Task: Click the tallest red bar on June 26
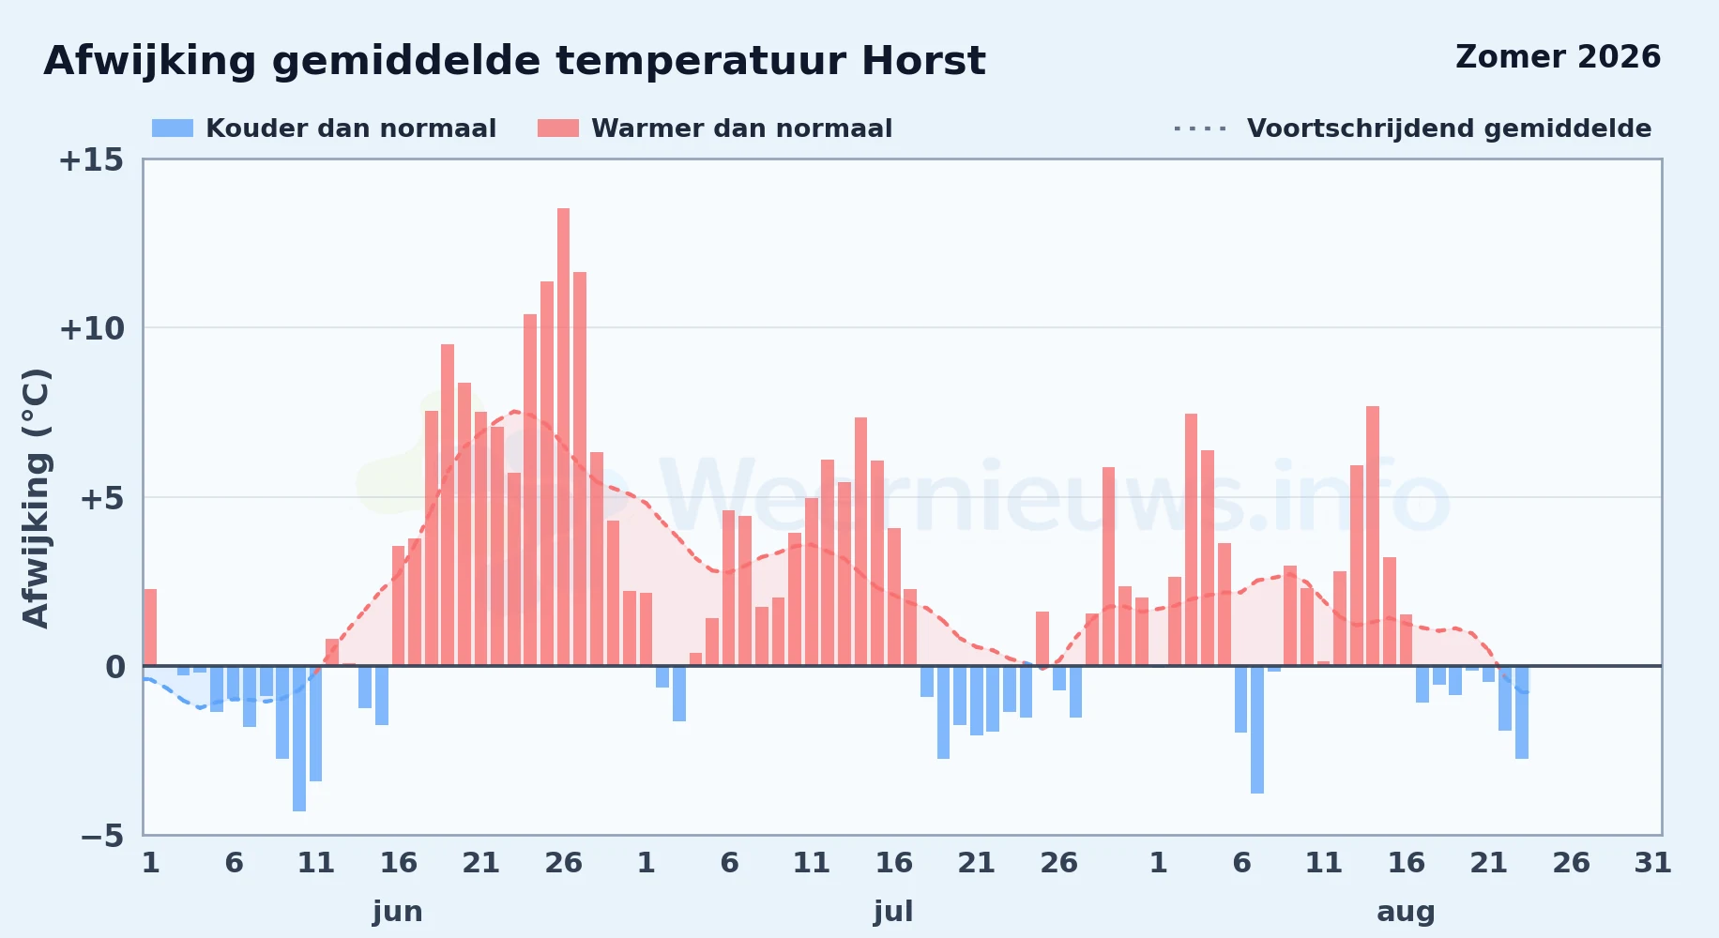[x=563, y=437]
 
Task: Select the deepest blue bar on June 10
[x=299, y=738]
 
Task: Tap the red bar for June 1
[x=150, y=628]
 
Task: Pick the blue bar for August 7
[x=1257, y=730]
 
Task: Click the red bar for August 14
[x=1373, y=536]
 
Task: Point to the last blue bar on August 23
[x=1522, y=712]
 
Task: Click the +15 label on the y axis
[x=91, y=160]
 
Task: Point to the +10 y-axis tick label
[x=91, y=329]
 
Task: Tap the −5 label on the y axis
[x=102, y=836]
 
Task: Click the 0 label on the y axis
[x=114, y=668]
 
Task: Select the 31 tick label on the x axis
[x=1653, y=863]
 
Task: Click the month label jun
[x=398, y=912]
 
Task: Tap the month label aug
[x=1406, y=912]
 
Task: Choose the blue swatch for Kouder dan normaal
[x=173, y=129]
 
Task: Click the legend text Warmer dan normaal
[x=742, y=129]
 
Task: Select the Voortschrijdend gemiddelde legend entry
[x=1412, y=129]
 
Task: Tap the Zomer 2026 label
[x=1559, y=57]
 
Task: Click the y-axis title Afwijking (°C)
[x=36, y=498]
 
